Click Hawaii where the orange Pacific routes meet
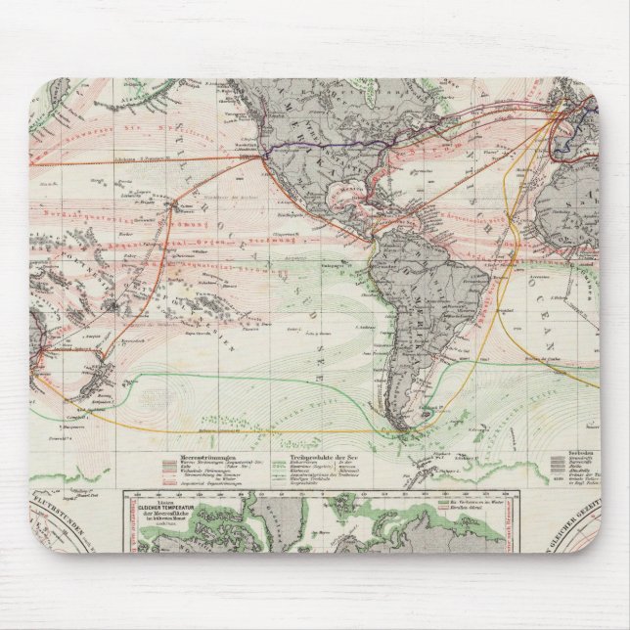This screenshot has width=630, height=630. (176, 205)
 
